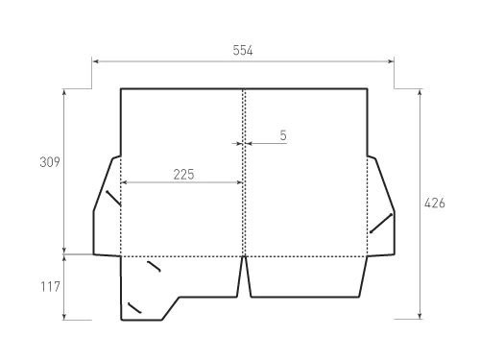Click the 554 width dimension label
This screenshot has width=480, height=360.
[243, 50]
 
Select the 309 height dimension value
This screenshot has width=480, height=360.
[51, 162]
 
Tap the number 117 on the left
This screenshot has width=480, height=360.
[51, 286]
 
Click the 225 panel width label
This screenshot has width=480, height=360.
[183, 174]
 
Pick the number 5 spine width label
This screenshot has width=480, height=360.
[283, 135]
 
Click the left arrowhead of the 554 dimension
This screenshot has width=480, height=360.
[95, 61]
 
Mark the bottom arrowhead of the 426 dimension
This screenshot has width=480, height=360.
[420, 316]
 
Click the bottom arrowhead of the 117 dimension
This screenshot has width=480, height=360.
[64, 316]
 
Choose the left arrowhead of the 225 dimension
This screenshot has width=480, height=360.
[124, 181]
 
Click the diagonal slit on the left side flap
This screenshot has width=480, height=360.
[113, 199]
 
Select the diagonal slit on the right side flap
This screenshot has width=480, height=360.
[381, 224]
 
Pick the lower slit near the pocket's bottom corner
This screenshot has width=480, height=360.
[134, 308]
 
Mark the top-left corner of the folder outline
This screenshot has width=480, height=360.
[120, 89]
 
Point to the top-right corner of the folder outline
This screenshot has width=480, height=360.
[368, 89]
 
